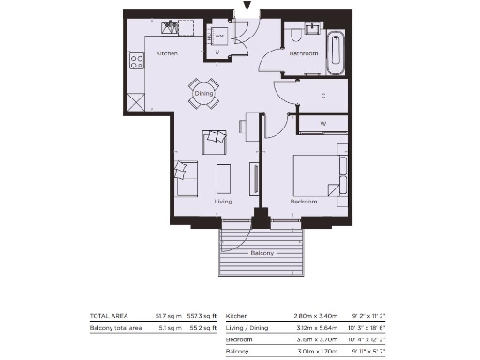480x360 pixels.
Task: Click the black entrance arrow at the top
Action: coord(247,7)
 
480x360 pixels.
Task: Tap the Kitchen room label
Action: coord(167,54)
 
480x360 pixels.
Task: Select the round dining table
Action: coord(204,92)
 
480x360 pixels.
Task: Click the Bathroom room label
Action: coord(304,54)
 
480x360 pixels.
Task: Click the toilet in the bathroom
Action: coord(296,35)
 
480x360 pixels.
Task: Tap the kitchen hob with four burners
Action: coord(137,62)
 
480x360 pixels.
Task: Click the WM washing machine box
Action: coord(219,36)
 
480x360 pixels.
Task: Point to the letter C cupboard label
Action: coord(322,96)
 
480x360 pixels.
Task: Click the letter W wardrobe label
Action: coord(322,123)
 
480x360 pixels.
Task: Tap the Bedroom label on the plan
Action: coord(303,202)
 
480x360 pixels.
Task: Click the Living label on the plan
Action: coord(223,202)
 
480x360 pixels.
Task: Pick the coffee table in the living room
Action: coord(223,177)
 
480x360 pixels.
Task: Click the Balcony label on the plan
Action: coord(262,254)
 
